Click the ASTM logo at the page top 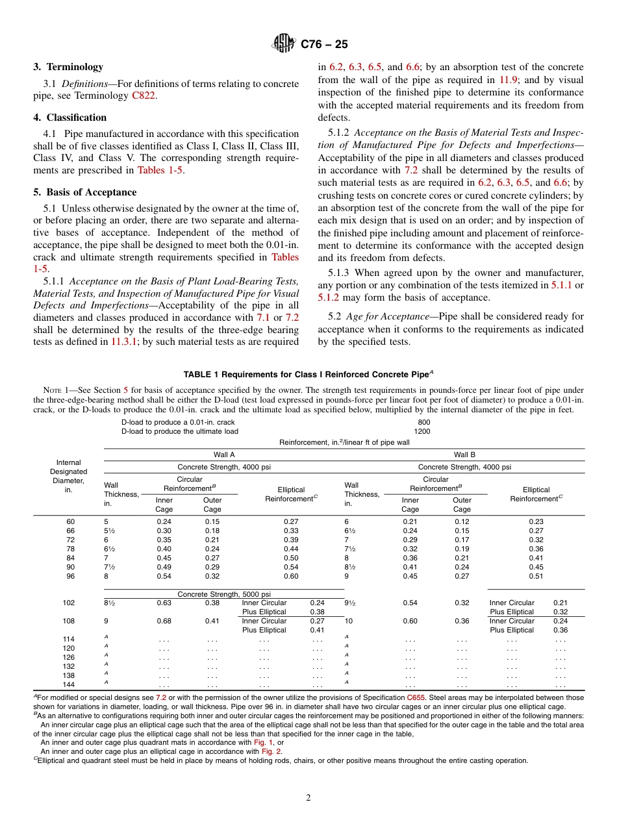284,44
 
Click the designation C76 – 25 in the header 324,44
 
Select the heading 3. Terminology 68,67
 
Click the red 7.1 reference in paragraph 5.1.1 263,318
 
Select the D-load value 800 423,422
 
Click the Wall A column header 224,455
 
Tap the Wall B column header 464,455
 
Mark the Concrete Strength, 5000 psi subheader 224,594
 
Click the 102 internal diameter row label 68,603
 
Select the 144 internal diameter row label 68,684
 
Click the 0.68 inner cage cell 164,621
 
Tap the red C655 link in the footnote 416,697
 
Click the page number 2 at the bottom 308,798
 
